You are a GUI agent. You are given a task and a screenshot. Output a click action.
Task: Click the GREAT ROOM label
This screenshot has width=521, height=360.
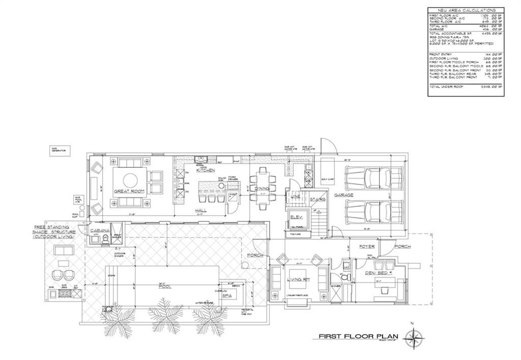coord(130,191)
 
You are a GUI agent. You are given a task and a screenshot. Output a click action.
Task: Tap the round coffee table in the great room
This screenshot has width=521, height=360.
coord(130,179)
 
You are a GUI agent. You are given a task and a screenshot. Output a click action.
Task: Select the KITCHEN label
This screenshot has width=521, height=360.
coord(206,170)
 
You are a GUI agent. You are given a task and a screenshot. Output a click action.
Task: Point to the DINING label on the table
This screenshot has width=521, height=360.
coord(262,189)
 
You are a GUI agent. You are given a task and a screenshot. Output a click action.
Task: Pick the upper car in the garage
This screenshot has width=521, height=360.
coord(373,178)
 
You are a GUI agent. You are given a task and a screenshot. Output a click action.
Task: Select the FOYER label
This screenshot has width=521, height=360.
coord(367,247)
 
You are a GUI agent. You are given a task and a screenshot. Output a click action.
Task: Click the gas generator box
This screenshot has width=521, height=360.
coord(60,151)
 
